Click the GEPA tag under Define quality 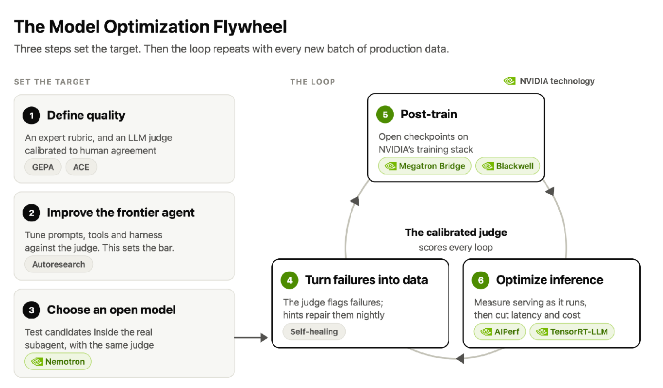point(43,167)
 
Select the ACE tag point(81,167)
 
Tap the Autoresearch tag point(58,264)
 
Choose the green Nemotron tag point(58,361)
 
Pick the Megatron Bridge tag point(425,166)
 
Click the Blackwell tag point(507,166)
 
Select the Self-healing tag point(314,331)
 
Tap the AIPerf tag point(500,331)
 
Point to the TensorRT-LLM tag point(572,331)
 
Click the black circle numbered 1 point(31,116)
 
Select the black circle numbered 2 point(31,213)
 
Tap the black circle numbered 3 point(31,310)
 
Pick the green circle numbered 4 point(290,280)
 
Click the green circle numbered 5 point(385,115)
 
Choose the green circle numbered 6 point(481,280)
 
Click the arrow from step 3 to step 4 point(251,337)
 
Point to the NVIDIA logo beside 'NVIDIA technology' point(509,81)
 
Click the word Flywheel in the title point(250,27)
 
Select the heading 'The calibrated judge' point(456,233)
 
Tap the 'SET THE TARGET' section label point(52,82)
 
